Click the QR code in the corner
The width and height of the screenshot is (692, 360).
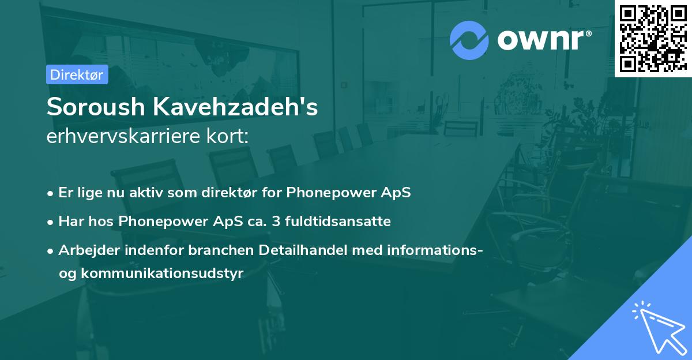tap(653, 39)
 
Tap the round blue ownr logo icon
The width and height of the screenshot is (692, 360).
tap(469, 40)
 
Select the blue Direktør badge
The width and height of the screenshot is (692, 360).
tap(77, 74)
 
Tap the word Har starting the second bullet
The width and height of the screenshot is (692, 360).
tap(70, 221)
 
